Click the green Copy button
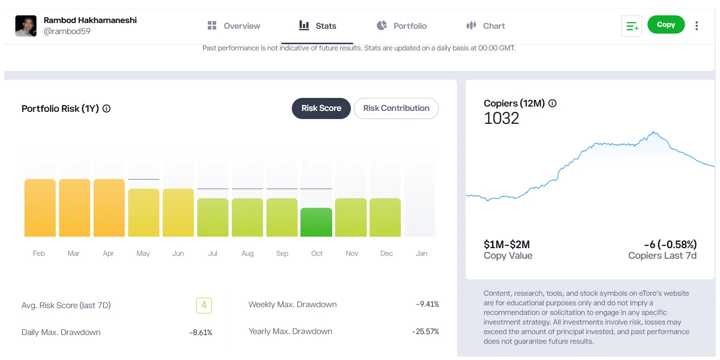[666, 25]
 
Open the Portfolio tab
[402, 26]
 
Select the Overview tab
[234, 26]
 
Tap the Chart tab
[486, 26]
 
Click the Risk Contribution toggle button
[396, 108]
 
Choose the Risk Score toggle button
[321, 108]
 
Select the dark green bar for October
[316, 222]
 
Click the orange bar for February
[40, 208]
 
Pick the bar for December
[385, 217]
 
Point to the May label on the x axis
[143, 253]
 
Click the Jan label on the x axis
[421, 253]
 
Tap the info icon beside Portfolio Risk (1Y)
[107, 108]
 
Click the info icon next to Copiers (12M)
[552, 103]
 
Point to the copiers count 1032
[502, 119]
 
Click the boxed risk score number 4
[204, 305]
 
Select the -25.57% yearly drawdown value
[425, 332]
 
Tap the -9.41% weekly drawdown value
[427, 304]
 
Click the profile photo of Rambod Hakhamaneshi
[26, 26]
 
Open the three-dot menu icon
[696, 26]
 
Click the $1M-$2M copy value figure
[507, 244]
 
